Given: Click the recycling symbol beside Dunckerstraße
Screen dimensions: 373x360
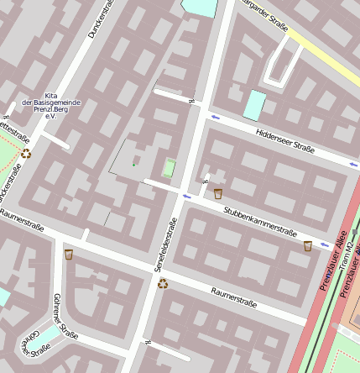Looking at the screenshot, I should point(27,154).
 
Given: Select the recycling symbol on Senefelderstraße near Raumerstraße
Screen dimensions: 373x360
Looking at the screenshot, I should point(163,283).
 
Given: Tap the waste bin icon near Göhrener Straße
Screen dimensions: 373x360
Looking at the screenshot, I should point(69,255).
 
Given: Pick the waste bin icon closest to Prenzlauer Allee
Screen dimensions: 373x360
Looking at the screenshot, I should point(308,246).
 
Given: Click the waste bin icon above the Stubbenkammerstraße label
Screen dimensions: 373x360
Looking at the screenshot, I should point(218,194).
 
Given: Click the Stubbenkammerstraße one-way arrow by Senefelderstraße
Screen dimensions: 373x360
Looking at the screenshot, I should point(186,197).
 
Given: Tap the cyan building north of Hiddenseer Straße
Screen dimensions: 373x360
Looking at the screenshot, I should point(254,104).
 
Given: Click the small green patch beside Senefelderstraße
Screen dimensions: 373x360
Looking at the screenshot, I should point(170,168).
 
